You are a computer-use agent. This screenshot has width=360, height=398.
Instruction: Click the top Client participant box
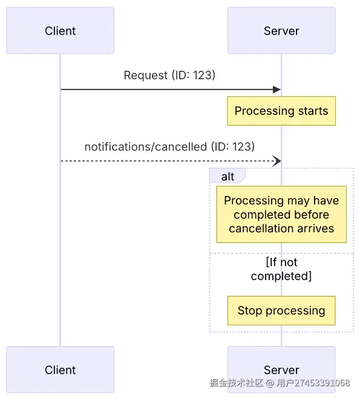tap(60, 31)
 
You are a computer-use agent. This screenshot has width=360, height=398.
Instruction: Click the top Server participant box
tap(281, 31)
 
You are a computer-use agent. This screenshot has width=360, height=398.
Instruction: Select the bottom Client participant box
tap(60, 370)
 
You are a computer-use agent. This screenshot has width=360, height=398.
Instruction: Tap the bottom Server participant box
tap(281, 370)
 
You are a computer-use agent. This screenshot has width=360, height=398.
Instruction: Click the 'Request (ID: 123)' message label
tap(169, 75)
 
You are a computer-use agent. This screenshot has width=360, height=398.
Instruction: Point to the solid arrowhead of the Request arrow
tap(277, 90)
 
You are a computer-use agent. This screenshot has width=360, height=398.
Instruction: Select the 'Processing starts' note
tap(281, 111)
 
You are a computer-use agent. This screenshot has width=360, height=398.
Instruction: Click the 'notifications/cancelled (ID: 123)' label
tap(169, 146)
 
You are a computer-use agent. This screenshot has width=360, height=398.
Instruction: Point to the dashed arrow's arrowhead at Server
tap(277, 161)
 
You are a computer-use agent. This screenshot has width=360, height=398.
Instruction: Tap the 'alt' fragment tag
tap(227, 177)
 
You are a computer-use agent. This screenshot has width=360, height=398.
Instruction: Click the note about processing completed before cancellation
tap(281, 214)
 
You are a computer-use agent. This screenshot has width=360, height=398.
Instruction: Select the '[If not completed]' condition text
tap(281, 269)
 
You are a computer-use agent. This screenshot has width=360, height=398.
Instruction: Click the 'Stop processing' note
tap(281, 311)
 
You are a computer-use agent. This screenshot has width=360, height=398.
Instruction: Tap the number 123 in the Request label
tap(203, 75)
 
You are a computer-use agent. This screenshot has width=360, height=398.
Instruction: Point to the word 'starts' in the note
tap(313, 111)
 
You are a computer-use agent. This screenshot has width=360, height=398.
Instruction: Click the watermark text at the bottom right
tap(280, 383)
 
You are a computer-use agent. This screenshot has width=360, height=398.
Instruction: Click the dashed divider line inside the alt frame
tap(242, 253)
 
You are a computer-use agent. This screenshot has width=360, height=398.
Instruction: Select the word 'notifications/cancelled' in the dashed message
tap(145, 146)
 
